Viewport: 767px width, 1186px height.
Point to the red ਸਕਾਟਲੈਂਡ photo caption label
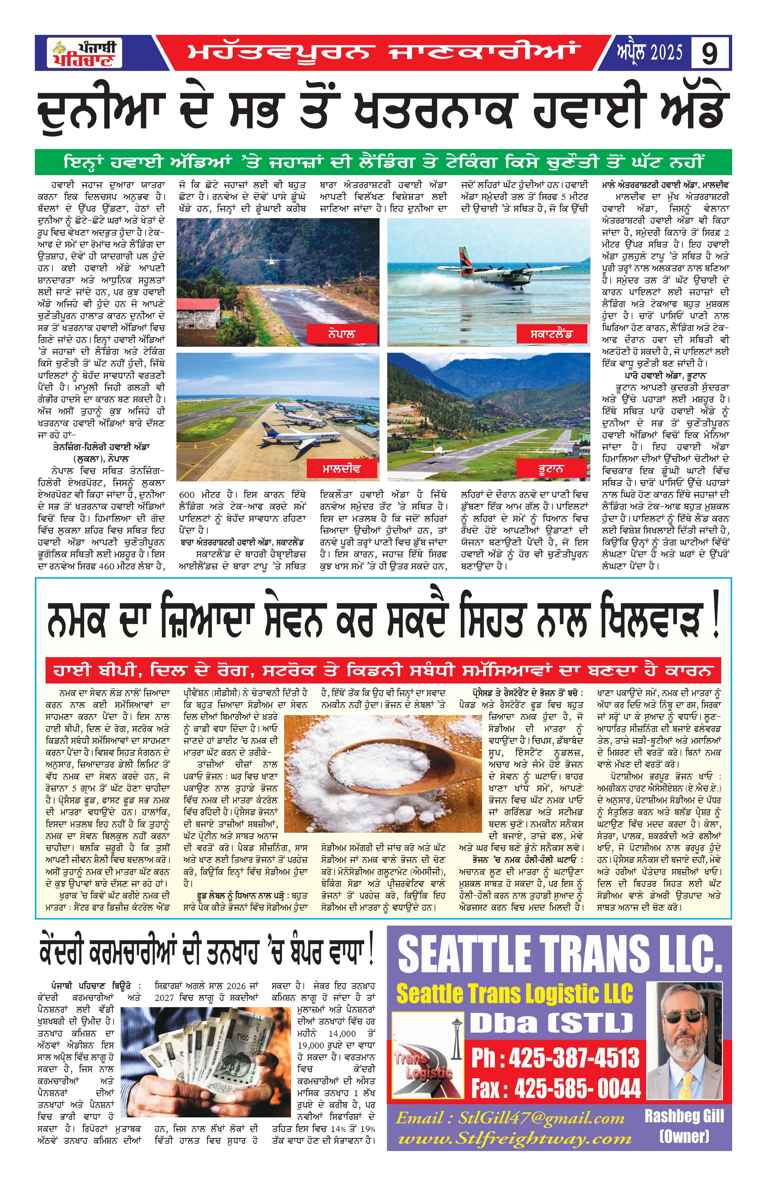point(551,334)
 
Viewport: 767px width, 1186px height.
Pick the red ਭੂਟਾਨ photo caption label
point(551,469)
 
